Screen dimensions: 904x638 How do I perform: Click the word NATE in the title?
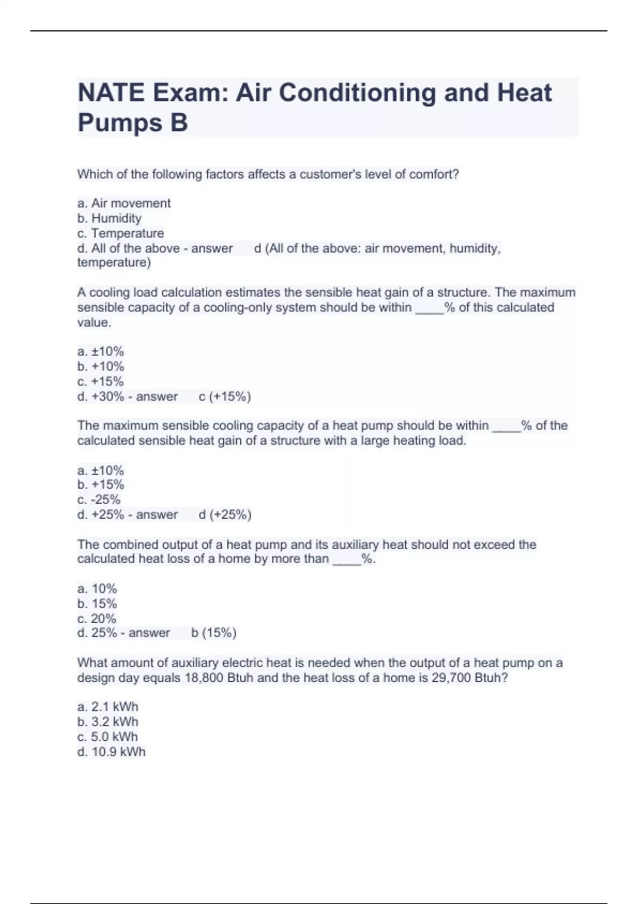111,93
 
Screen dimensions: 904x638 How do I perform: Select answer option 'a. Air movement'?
124,203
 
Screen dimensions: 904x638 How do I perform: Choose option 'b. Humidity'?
110,218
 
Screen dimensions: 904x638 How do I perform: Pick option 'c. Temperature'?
121,233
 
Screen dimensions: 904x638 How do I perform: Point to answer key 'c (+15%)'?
224,396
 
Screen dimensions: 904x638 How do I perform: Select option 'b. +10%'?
100,366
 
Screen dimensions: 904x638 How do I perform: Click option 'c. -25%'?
99,499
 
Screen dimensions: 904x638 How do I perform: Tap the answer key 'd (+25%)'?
225,514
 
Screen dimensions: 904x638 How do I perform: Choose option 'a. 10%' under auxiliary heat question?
97,589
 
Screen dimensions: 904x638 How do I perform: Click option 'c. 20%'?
97,618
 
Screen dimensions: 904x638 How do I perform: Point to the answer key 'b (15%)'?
214,633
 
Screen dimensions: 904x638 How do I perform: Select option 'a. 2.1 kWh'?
107,707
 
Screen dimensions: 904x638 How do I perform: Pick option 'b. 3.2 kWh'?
107,722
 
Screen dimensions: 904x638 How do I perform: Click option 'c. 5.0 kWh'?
107,736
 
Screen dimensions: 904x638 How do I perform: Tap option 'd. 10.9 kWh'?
111,751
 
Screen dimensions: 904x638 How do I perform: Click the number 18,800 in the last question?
204,678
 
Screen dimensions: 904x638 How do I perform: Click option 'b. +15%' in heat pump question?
100,484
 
